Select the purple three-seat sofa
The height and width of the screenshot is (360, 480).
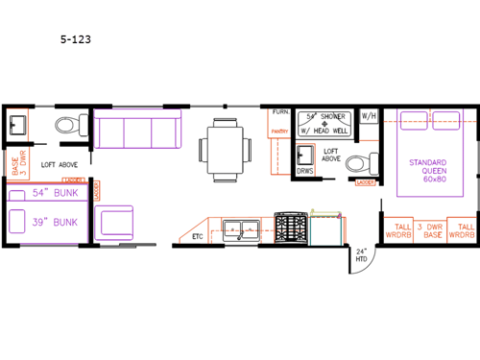[135, 132]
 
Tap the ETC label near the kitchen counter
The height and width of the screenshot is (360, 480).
[197, 234]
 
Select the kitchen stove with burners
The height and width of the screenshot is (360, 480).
[289, 228]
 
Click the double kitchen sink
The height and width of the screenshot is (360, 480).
[241, 228]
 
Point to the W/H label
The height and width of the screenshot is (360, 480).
[369, 118]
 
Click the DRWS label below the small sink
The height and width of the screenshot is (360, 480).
[304, 171]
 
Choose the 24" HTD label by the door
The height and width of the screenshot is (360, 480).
[362, 255]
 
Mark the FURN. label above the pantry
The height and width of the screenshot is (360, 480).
[280, 111]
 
